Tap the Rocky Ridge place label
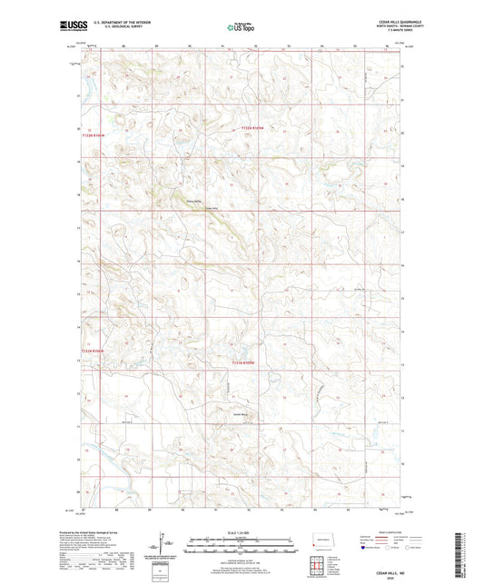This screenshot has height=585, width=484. [193, 201]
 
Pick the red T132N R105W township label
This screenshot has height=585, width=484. [252, 129]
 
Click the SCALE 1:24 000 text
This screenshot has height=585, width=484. [242, 531]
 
